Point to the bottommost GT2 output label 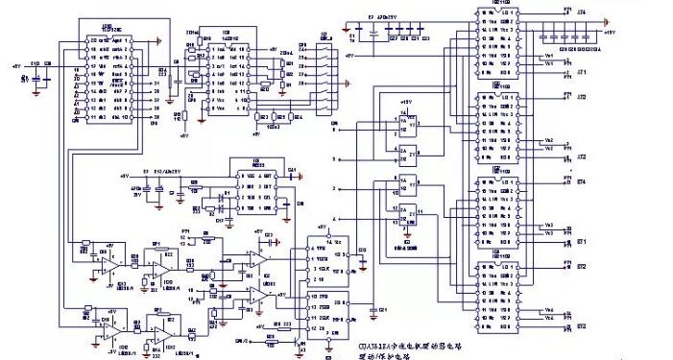(582, 328)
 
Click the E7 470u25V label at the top (389, 17)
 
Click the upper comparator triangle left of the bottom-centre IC (256, 261)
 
